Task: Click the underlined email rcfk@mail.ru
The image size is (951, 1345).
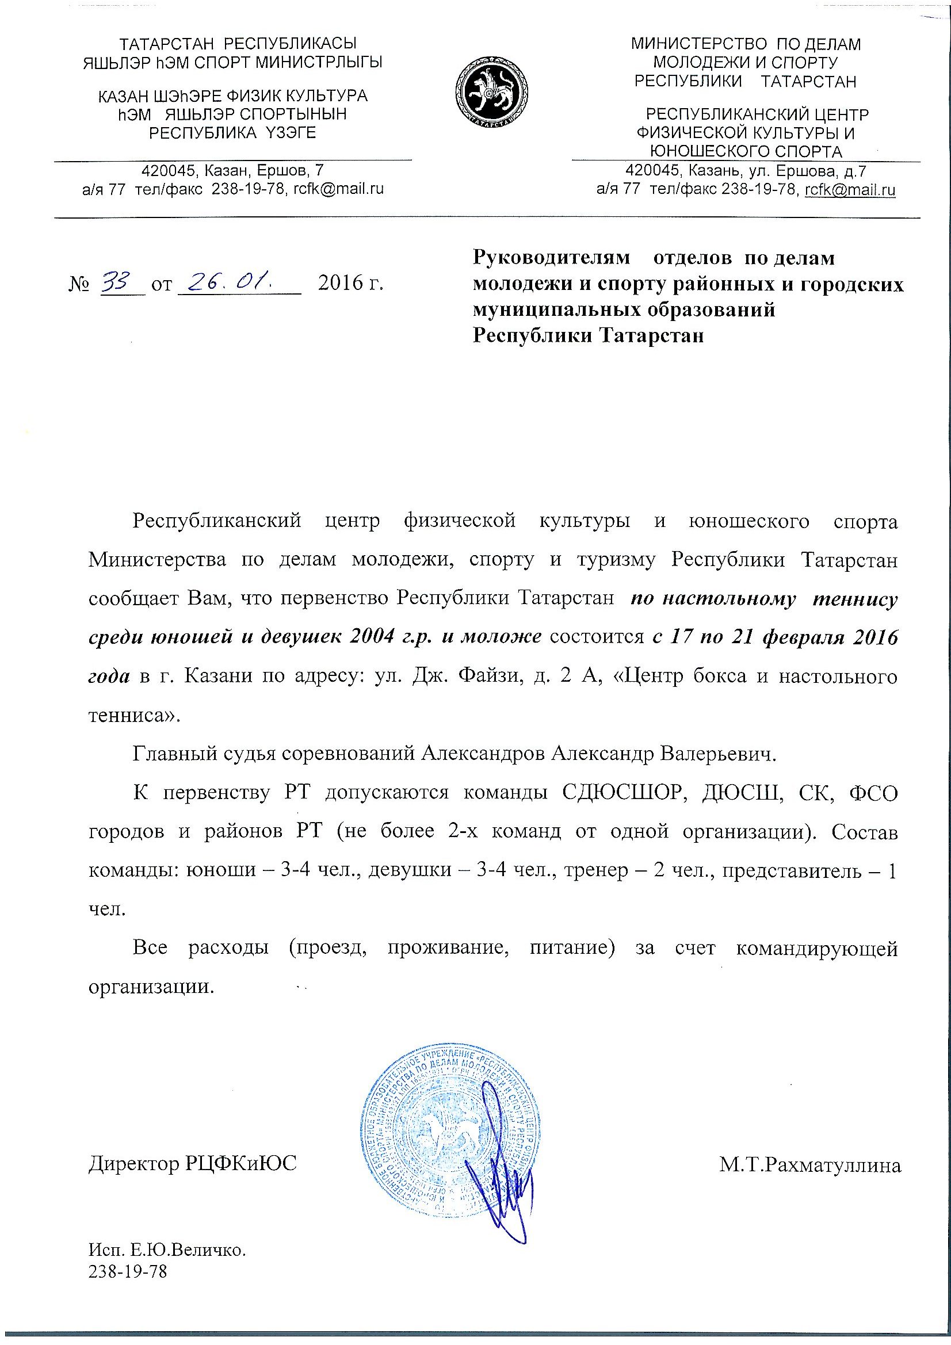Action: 850,190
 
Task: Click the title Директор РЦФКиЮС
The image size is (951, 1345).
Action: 193,1164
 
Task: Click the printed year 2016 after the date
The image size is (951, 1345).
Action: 340,284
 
